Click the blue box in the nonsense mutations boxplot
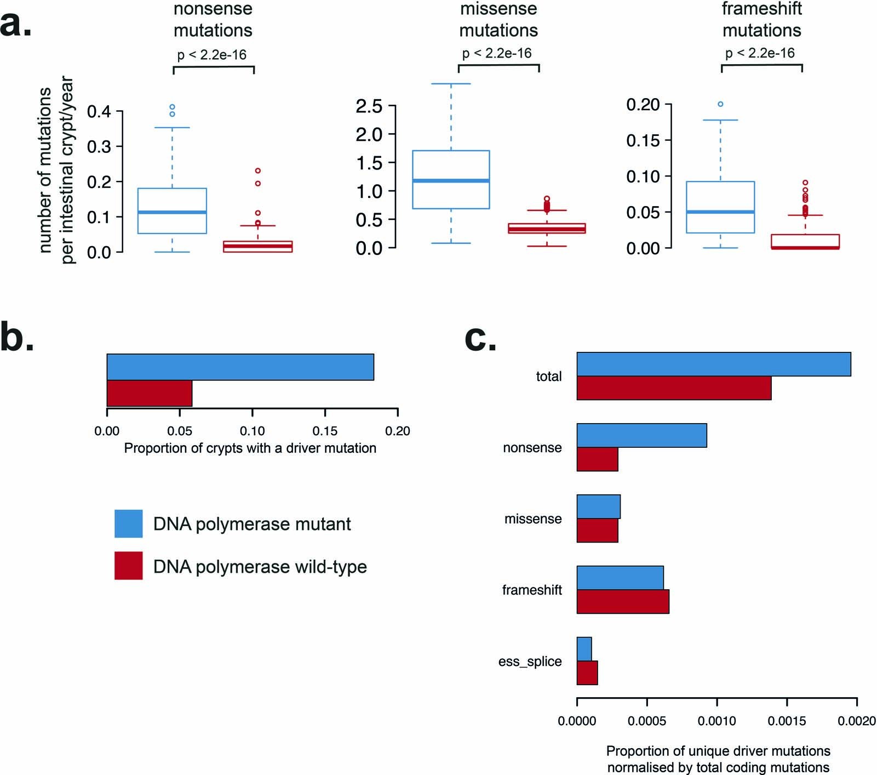coord(172,211)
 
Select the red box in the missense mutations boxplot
coord(547,229)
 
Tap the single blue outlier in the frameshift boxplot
coord(720,104)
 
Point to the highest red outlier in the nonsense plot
coord(257,171)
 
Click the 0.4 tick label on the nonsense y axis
coord(99,112)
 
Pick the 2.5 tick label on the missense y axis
coord(369,106)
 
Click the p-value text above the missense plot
coord(497,53)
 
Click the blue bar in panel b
coord(240,367)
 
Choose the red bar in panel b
coord(149,394)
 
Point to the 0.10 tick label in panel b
coord(252,431)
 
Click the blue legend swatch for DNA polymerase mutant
coord(128,523)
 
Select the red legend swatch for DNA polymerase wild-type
coord(128,566)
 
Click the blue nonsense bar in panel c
coord(641,436)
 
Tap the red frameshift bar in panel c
coord(623,602)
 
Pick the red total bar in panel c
coord(674,388)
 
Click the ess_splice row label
coord(530,662)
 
